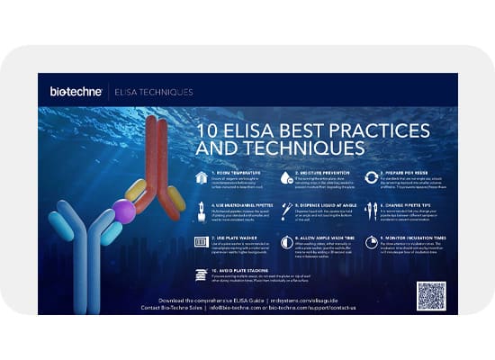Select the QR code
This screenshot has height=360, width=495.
[431, 295]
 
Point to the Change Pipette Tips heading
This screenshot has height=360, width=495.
[410, 203]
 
